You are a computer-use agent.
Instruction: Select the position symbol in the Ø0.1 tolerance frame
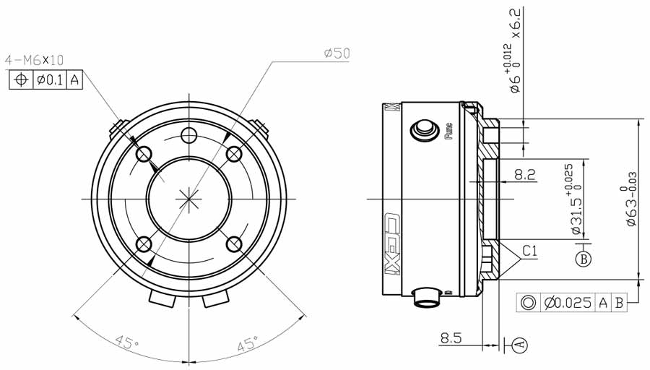tap(22, 80)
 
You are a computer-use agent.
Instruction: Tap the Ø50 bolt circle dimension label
tap(337, 53)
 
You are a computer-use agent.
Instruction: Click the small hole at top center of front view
tap(189, 134)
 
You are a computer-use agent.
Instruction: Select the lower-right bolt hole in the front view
tap(234, 244)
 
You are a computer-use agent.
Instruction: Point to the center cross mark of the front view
tap(189, 198)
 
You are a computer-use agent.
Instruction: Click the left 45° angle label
tap(127, 343)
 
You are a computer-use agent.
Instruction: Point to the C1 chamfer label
tap(530, 251)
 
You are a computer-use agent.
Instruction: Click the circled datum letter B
tap(584, 257)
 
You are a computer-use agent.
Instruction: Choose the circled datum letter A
tap(521, 345)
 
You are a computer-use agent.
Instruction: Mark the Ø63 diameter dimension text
tap(633, 202)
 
